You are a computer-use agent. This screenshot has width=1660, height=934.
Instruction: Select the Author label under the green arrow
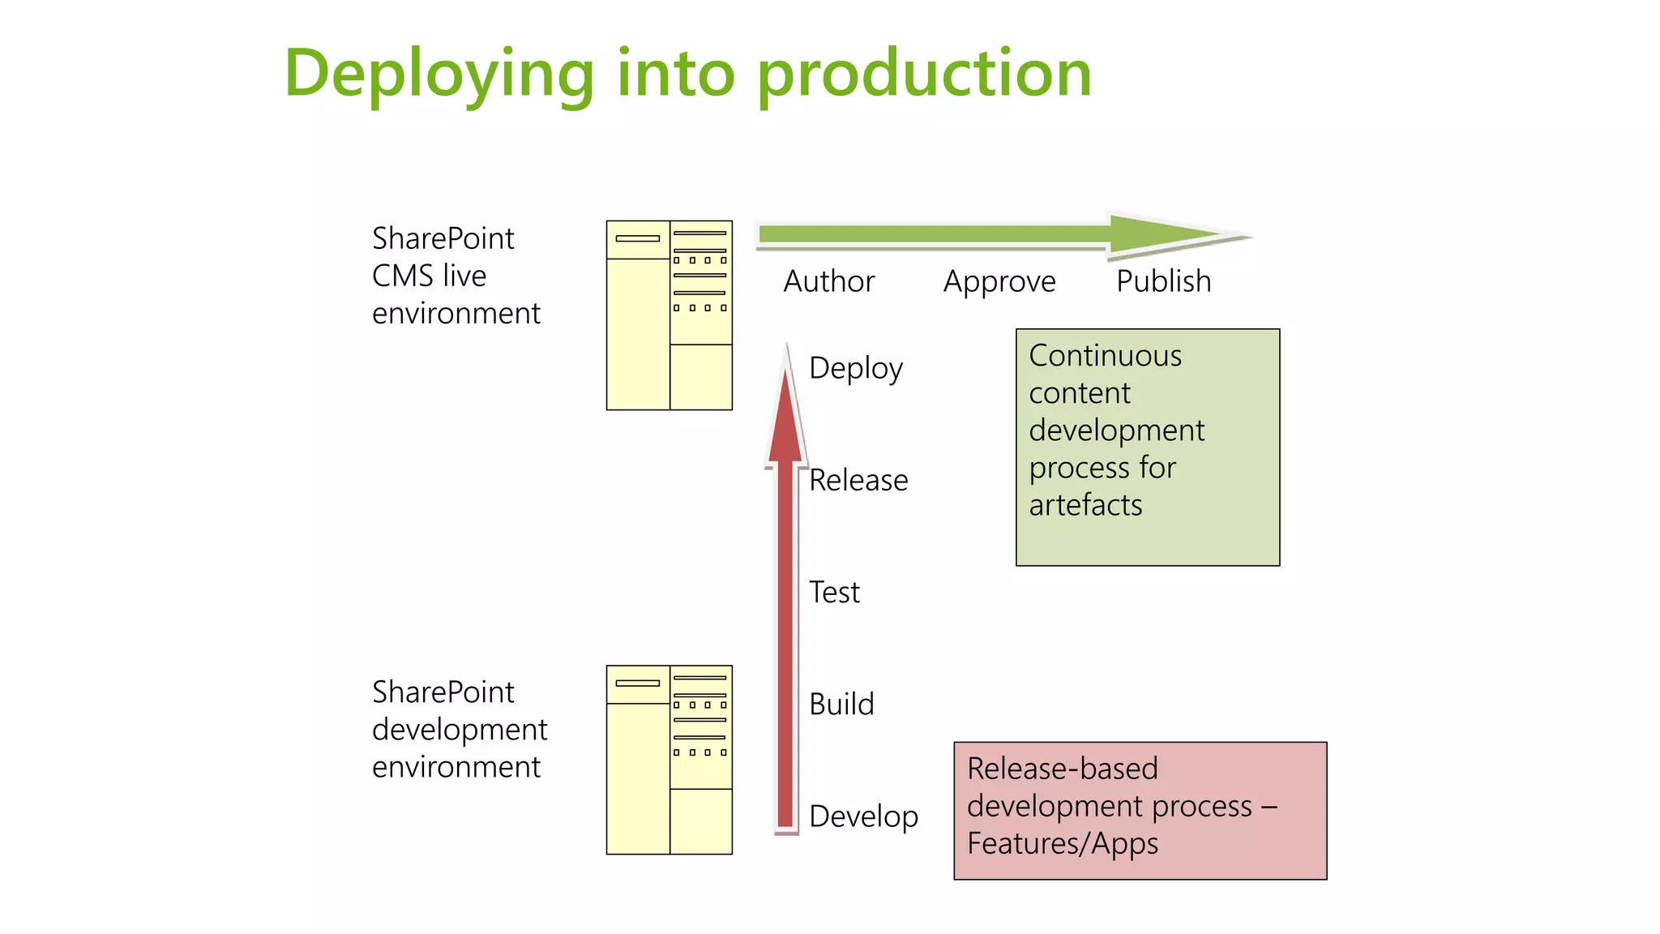828,281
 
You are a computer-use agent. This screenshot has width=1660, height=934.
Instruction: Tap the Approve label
999,282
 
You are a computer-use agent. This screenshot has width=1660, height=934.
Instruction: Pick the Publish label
1163,281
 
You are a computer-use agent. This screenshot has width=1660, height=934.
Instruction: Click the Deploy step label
855,368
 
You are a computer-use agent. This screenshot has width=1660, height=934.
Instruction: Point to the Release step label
858,480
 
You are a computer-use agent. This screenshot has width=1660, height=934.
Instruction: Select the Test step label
834,592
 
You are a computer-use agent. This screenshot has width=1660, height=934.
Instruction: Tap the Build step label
841,704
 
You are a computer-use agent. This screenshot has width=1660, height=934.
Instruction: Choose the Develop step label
863,816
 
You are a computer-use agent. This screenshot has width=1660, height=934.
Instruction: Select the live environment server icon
669,315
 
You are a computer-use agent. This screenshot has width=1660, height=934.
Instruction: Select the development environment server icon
669,760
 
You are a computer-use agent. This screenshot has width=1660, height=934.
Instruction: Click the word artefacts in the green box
1085,505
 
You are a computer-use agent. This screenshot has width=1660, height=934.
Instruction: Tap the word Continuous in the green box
1105,356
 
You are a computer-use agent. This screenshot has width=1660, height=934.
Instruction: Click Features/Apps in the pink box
1062,843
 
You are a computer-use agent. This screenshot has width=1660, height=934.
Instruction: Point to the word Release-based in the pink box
1062,769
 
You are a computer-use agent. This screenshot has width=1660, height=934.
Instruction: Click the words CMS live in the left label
429,276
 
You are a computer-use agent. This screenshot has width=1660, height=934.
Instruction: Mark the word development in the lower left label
460,730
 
